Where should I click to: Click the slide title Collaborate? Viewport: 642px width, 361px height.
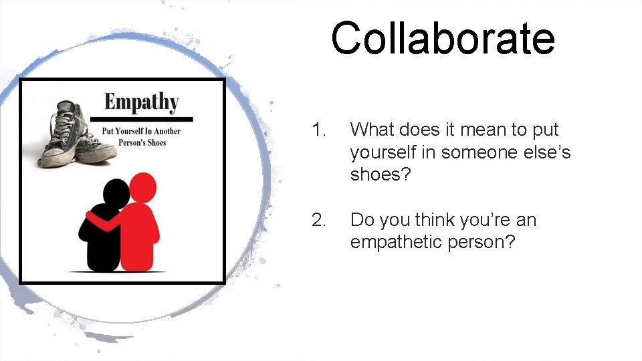(443, 38)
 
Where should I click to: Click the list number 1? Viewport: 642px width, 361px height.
(318, 130)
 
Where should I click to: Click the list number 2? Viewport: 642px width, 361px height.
(318, 220)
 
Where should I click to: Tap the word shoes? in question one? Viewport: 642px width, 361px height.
(379, 174)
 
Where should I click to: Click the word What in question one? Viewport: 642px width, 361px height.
(371, 130)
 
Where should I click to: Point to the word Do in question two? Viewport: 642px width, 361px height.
(362, 220)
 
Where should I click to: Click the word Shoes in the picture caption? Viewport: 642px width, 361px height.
(154, 142)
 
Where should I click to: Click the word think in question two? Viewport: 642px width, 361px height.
(435, 220)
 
